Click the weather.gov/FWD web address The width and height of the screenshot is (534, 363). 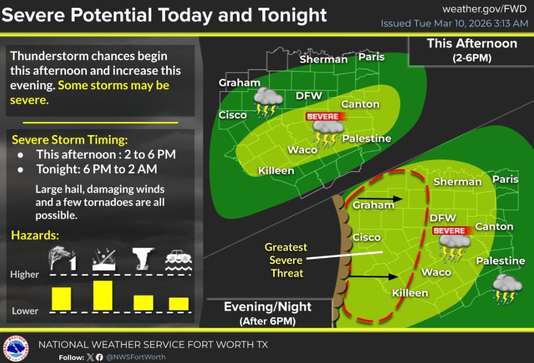(484, 8)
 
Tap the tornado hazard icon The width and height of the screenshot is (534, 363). (143, 258)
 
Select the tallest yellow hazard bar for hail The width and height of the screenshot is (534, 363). (103, 295)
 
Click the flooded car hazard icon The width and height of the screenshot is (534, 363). (177, 258)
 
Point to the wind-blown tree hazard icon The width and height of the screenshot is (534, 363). (62, 258)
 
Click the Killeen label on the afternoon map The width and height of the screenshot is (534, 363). (276, 171)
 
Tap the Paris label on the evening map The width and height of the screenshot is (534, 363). (505, 179)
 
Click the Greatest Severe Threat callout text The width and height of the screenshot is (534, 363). (286, 260)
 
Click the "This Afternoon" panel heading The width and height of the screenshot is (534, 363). (471, 44)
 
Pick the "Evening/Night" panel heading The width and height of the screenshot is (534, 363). (267, 307)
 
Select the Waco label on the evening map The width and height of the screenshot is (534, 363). (436, 273)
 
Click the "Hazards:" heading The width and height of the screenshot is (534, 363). (35, 235)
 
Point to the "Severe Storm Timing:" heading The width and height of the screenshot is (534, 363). (70, 140)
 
